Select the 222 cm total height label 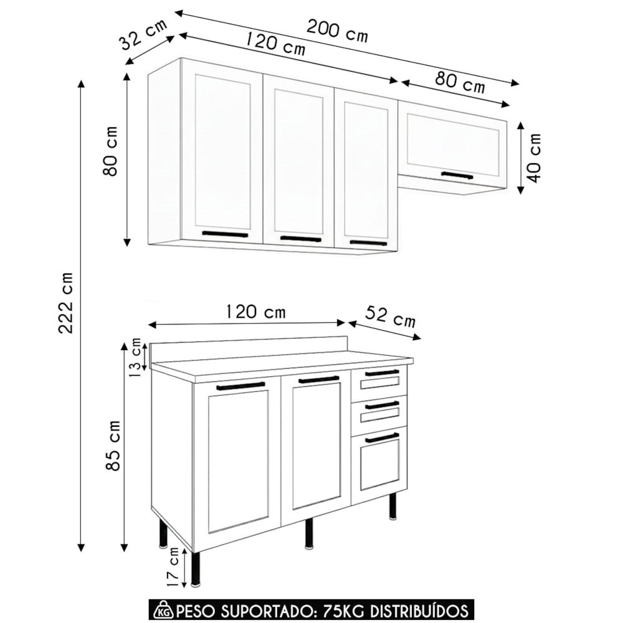[65, 303]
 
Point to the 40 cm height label [535, 158]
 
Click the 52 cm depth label [390, 316]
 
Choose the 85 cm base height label [113, 445]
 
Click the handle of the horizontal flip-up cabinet [457, 175]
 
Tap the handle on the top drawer [382, 373]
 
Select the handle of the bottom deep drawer [382, 438]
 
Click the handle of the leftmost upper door [225, 234]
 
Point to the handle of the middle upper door [301, 239]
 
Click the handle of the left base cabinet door [240, 386]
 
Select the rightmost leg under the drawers [393, 506]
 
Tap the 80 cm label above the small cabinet [460, 82]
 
